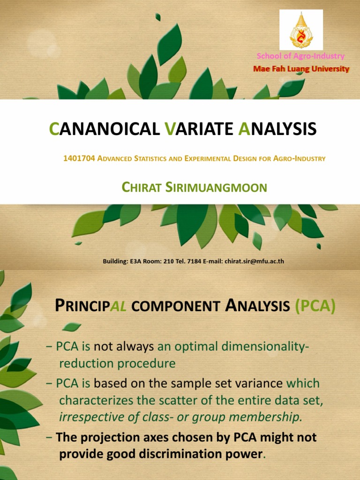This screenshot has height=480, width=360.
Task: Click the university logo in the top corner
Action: [301, 30]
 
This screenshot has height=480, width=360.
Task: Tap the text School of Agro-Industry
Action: [300, 56]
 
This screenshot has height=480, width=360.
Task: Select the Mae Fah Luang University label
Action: [301, 69]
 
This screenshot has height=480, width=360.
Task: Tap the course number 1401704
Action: [79, 158]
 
